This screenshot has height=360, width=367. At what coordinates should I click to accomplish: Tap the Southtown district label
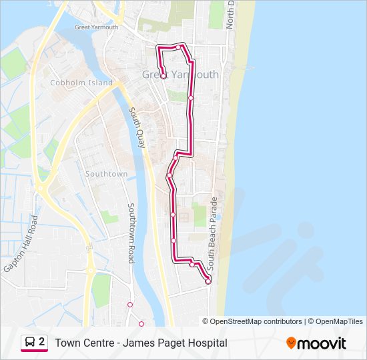[106, 174]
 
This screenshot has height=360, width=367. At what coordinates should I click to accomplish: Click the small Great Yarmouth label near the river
[96, 27]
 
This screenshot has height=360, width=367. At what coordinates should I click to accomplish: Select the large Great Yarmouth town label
[180, 75]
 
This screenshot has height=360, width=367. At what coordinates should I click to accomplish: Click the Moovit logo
[316, 343]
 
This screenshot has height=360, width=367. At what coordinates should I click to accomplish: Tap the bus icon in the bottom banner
[30, 343]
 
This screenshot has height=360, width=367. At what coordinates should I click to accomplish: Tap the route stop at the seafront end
[208, 281]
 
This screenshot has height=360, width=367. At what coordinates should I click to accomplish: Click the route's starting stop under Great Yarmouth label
[163, 77]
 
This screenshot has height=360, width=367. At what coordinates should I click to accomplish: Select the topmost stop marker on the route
[178, 46]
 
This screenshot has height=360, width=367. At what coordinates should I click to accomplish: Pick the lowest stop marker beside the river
[141, 324]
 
